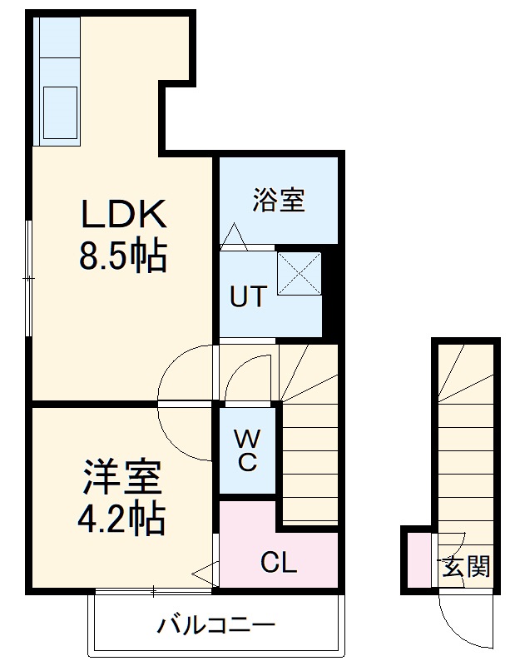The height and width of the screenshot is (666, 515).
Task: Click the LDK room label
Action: tap(124, 215)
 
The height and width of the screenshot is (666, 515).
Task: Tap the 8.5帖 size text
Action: tap(123, 257)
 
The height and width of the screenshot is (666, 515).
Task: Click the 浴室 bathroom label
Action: tap(279, 201)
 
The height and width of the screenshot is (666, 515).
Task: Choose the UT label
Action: tap(248, 296)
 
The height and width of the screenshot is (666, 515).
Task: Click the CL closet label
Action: tap(279, 564)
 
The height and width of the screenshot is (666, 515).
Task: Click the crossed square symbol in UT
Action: tap(299, 273)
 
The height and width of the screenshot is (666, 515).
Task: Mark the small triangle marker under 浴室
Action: tap(231, 236)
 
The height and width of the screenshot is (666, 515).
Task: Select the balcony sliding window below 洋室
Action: tap(154, 592)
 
